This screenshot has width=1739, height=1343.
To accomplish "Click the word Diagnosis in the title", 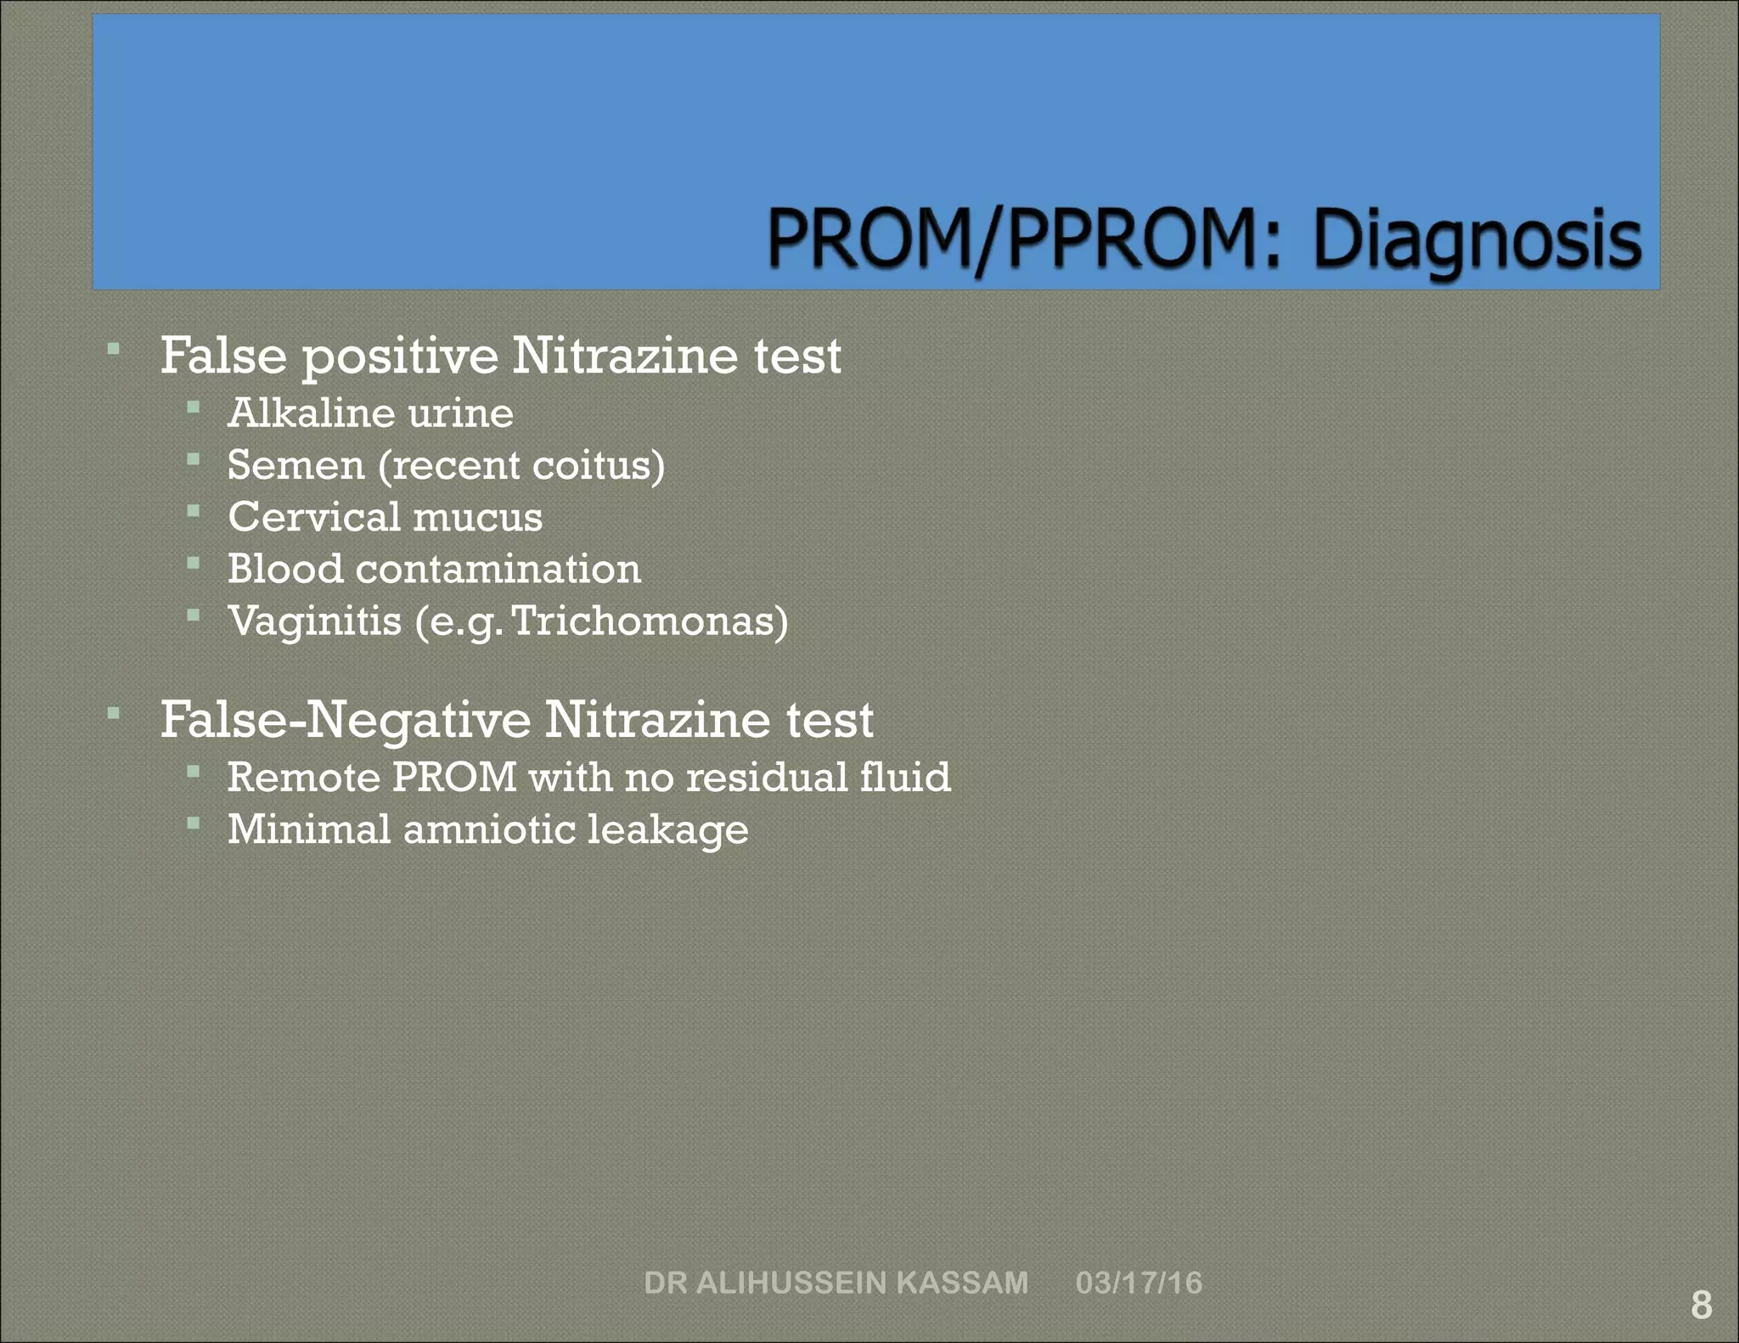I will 1477,240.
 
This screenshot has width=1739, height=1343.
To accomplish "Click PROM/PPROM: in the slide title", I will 1023,240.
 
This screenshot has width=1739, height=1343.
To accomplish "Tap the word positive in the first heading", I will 400,356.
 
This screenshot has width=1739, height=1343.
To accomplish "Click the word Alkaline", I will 311,413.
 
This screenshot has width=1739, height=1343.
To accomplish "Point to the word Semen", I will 295,465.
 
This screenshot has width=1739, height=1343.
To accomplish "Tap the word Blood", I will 284,569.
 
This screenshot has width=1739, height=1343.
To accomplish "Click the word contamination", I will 498,569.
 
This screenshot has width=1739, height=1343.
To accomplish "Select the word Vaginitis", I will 314,621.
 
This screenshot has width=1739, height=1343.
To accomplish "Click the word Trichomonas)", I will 650,621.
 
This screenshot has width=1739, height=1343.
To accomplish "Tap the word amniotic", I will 489,829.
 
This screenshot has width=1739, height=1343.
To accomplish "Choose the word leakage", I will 667,830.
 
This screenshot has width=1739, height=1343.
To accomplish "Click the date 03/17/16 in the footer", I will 1139,1282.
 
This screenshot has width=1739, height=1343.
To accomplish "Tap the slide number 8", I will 1701,1305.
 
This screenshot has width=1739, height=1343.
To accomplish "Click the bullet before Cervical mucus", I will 194,511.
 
